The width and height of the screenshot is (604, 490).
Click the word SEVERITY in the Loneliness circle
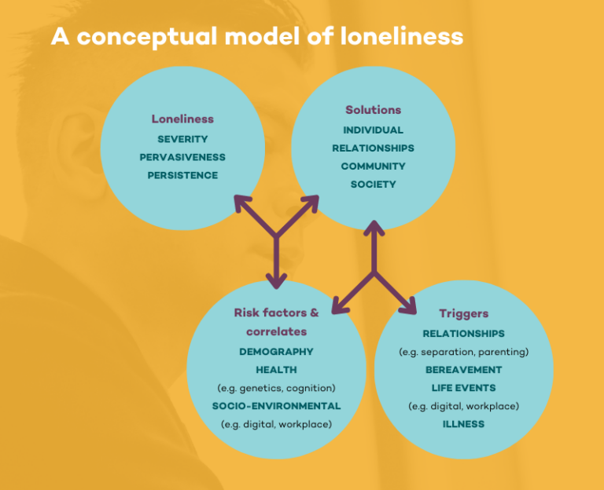point(182,139)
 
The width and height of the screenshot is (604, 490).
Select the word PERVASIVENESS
point(182,157)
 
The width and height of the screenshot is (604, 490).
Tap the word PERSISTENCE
point(182,175)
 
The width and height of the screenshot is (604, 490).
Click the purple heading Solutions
point(373,110)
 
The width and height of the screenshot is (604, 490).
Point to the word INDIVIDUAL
point(373,130)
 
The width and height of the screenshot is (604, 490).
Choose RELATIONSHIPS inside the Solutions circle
point(373,148)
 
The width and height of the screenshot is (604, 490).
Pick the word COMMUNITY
point(373,166)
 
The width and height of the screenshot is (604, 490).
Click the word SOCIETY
point(373,184)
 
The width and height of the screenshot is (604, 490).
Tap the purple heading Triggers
point(463,313)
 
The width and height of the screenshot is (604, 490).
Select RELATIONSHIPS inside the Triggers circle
point(463,334)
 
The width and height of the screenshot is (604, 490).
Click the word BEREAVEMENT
point(463,369)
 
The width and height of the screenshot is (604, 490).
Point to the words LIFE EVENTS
point(463,387)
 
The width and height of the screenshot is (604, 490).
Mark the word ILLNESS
point(463,424)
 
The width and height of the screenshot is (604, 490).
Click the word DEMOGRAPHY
point(276,351)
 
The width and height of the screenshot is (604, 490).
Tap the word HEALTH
point(276,369)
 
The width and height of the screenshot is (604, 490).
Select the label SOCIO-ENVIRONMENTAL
point(276,406)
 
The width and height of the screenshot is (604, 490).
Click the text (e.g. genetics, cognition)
point(276,388)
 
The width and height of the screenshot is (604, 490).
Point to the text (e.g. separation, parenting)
point(463,351)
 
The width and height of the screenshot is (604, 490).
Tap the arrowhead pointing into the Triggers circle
point(412,309)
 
